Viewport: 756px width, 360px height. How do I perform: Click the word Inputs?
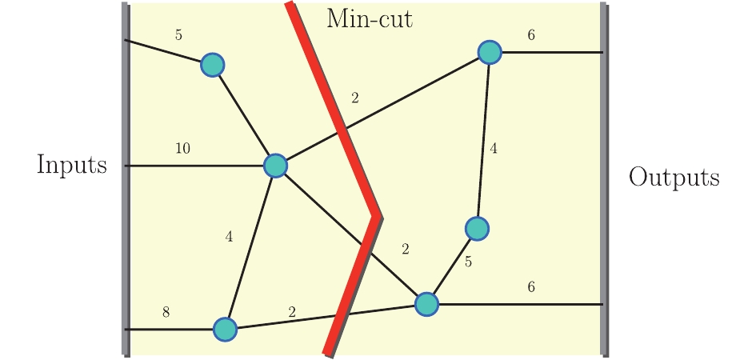pyautogui.click(x=72, y=165)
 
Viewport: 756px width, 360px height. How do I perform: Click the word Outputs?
pyautogui.click(x=674, y=177)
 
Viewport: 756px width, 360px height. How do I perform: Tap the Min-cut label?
pyautogui.click(x=370, y=18)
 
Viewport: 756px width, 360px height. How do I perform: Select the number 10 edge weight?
pyautogui.click(x=182, y=148)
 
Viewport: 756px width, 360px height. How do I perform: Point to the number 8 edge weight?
pyautogui.click(x=166, y=312)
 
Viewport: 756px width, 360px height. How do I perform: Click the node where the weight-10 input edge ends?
pyautogui.click(x=275, y=166)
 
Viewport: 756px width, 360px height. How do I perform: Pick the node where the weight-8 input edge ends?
pyautogui.click(x=226, y=329)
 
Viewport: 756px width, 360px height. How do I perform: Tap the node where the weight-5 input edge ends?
pyautogui.click(x=212, y=64)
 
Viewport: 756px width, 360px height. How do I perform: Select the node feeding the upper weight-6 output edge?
pyautogui.click(x=490, y=52)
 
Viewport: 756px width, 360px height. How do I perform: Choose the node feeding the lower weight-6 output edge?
pyautogui.click(x=427, y=304)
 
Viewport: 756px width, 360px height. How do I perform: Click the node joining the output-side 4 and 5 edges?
pyautogui.click(x=477, y=229)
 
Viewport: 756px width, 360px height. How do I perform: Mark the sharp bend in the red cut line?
pyautogui.click(x=376, y=216)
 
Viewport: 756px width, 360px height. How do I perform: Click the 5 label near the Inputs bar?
pyautogui.click(x=178, y=35)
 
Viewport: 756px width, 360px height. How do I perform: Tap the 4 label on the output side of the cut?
pyautogui.click(x=494, y=148)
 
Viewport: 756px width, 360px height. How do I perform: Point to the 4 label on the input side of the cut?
pyautogui.click(x=229, y=237)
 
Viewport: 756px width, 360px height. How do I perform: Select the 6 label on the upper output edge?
pyautogui.click(x=531, y=35)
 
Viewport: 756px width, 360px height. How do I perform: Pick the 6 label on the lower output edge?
pyautogui.click(x=531, y=287)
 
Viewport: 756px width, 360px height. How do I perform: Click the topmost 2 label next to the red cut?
pyautogui.click(x=355, y=98)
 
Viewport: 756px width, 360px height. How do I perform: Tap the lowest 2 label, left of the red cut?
pyautogui.click(x=292, y=313)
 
